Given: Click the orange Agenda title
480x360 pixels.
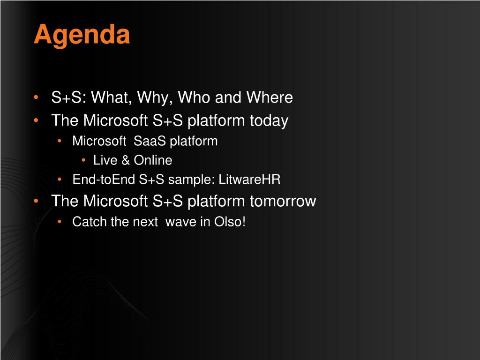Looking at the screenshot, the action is click(82, 36).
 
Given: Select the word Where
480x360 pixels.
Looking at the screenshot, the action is click(270, 97).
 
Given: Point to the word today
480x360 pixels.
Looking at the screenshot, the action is click(269, 120).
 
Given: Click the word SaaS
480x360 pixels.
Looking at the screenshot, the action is click(150, 141).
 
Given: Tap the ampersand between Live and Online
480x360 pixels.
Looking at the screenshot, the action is click(126, 160).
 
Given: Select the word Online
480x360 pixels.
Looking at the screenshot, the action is click(153, 160).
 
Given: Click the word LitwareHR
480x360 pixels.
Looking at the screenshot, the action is click(249, 180).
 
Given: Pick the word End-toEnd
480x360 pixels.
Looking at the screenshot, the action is click(104, 180).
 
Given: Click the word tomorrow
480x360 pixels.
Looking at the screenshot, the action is click(283, 201).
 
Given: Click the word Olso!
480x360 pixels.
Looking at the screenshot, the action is click(230, 222).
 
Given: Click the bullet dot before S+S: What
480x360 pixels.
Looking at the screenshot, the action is click(36, 97).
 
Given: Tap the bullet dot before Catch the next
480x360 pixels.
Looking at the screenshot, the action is click(60, 221).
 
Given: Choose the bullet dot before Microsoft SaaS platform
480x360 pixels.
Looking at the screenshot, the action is click(60, 141).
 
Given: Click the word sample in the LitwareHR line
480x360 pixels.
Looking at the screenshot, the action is click(190, 180).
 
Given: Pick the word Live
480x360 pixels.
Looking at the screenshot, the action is click(105, 160).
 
